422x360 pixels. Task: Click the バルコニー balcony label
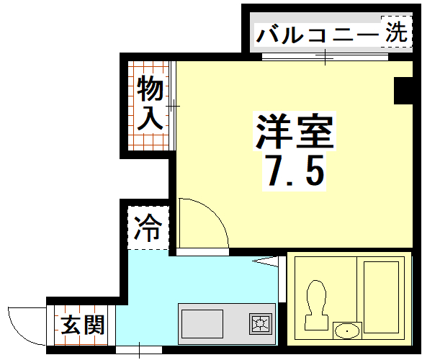coord(316,34)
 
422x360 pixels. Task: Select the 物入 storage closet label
coord(150,104)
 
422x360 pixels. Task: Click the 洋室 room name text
coord(293,130)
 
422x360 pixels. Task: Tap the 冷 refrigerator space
coord(149,229)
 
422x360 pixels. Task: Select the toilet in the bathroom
coord(314,302)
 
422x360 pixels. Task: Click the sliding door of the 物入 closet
coord(173,106)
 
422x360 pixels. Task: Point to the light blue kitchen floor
coord(151,288)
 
